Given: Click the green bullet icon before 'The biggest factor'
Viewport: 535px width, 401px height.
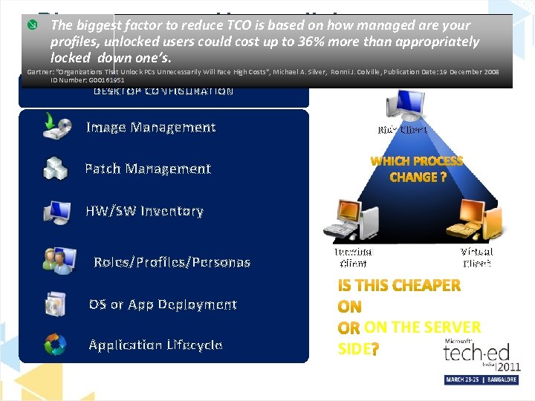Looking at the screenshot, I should click(31, 25).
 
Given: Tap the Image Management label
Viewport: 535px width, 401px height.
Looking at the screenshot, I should click(151, 127).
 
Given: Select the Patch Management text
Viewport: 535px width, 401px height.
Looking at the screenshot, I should click(148, 169).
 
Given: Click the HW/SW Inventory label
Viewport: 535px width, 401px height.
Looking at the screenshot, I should click(144, 211).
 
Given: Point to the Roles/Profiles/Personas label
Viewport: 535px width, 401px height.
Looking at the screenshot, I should click(172, 262).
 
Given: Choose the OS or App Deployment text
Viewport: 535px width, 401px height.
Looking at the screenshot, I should click(163, 304).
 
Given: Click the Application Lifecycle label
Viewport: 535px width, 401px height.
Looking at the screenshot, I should click(155, 345).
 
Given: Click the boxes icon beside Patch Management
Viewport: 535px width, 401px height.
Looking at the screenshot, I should click(56, 168).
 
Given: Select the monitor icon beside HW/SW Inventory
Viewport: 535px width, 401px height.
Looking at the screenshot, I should click(56, 211).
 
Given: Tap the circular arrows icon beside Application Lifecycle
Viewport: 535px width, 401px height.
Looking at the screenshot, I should click(56, 345).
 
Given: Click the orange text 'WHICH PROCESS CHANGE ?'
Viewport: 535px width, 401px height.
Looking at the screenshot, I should click(417, 169).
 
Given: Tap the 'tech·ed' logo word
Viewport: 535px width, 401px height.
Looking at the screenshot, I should click(477, 353).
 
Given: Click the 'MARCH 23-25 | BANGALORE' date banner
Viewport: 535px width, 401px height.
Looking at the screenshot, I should click(482, 379).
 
